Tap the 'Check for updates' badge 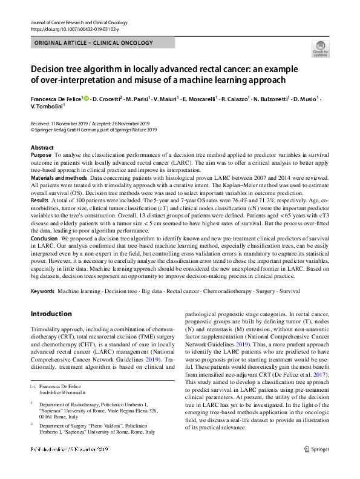tap(320, 48)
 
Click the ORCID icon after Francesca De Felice tap(85, 99)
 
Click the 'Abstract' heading tap(42, 148)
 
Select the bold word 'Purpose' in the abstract tap(41, 156)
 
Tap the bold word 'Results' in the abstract tap(39, 199)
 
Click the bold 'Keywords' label tap(42, 291)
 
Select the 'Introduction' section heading tap(51, 314)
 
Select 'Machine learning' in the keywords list tap(79, 291)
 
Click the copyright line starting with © tap(94, 129)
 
